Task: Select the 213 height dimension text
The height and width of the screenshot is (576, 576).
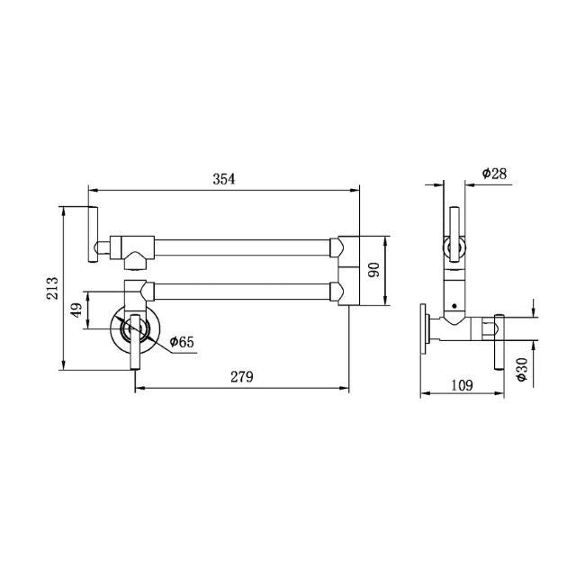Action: [53, 288]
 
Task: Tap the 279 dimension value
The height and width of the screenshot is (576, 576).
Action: [241, 377]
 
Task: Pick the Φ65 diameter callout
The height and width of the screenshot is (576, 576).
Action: [181, 341]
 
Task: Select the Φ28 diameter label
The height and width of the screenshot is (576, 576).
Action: [495, 173]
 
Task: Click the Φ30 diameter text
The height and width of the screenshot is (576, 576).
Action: [522, 369]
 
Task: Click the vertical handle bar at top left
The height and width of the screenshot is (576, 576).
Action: [92, 234]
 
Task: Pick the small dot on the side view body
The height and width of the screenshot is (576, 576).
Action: [456, 305]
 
